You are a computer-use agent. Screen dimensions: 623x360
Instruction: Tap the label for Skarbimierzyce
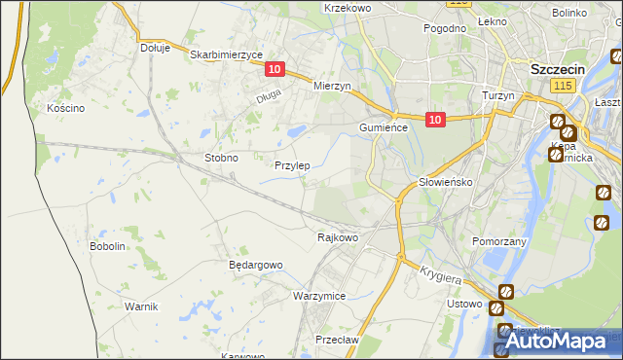click(x=220, y=55)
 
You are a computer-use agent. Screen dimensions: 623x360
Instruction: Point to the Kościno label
click(x=66, y=108)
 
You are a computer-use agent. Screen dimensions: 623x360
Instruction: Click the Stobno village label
click(x=221, y=157)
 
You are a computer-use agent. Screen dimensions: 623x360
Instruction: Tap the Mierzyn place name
click(x=331, y=86)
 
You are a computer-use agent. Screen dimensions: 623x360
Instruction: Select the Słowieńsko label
click(x=445, y=182)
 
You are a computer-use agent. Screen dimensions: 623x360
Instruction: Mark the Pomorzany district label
click(x=498, y=240)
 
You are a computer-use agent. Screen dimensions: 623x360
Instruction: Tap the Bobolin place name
click(x=108, y=246)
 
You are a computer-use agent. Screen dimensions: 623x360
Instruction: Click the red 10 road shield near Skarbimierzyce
click(x=275, y=69)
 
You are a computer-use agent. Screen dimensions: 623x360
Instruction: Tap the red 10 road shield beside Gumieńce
click(x=434, y=120)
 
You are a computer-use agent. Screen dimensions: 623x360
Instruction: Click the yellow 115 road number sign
click(x=560, y=87)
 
